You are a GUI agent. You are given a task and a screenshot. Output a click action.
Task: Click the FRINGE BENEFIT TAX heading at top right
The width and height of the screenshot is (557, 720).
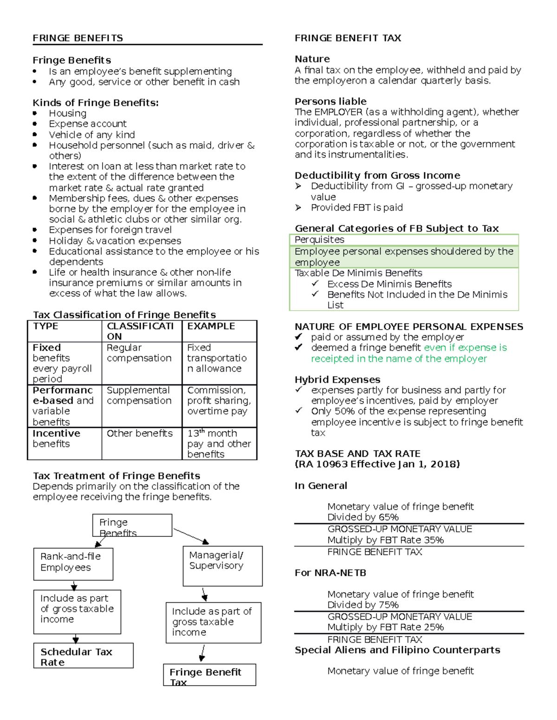point(348,38)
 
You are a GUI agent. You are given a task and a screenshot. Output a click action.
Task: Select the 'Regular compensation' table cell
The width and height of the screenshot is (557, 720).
point(139,353)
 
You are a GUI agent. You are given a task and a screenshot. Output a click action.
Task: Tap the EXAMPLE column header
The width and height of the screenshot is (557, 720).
point(211,326)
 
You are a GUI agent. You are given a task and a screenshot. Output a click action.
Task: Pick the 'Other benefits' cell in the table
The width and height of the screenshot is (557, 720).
point(139,433)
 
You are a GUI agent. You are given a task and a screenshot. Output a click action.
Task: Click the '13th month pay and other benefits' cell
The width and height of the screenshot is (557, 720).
point(219,444)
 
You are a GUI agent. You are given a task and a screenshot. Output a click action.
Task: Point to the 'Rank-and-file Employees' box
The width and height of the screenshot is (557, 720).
point(73,563)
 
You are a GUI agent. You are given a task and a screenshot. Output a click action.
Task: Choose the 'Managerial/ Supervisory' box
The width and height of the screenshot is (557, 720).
point(222,566)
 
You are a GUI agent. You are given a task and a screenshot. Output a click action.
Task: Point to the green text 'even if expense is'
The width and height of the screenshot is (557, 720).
point(465,348)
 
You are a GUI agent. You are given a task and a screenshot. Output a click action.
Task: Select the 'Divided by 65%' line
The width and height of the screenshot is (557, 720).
point(363,517)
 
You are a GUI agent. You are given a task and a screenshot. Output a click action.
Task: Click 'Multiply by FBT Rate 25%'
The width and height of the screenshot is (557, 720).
point(385,627)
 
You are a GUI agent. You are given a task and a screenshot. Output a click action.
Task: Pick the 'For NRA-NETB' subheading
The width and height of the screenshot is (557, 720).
point(330,573)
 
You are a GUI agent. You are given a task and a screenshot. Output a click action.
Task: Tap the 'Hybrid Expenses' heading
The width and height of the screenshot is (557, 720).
point(337,380)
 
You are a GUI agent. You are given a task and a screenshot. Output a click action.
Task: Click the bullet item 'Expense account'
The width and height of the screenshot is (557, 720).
point(88,124)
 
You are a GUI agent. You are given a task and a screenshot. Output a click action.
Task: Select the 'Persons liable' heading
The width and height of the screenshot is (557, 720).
point(330,102)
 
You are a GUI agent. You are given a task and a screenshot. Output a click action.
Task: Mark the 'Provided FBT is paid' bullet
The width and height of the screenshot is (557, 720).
point(356,208)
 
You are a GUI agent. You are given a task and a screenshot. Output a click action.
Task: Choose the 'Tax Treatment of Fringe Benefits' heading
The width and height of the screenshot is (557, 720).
point(117,476)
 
